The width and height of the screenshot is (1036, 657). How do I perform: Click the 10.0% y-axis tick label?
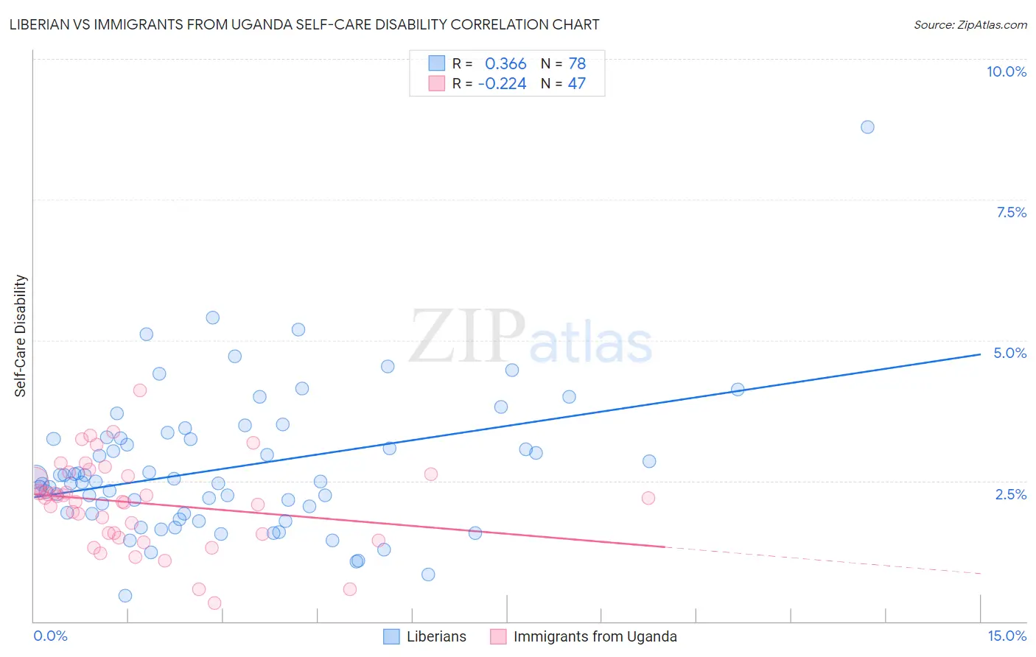(1006, 71)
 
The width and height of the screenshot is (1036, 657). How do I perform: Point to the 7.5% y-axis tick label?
(1011, 212)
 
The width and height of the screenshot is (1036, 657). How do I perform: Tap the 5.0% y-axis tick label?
(1009, 353)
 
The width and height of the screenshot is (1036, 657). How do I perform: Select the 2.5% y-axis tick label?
(1010, 494)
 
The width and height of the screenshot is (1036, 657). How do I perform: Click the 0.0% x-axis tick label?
(50, 636)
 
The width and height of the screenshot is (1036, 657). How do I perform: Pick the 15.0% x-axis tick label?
(1007, 636)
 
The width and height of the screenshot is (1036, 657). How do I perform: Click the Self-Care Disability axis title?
(21, 336)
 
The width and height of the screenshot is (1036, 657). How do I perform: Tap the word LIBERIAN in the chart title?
(41, 24)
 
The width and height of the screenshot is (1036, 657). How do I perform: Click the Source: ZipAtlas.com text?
(970, 24)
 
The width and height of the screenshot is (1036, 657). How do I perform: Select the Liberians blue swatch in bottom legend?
(391, 636)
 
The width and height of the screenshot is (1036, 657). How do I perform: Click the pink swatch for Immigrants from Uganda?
(498, 636)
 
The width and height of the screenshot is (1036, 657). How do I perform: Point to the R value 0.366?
(505, 64)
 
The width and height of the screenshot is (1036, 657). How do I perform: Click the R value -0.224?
(502, 84)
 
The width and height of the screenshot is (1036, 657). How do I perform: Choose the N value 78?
(577, 64)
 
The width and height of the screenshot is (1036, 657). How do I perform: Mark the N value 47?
(576, 84)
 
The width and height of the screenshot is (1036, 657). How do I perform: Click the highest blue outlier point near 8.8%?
(867, 127)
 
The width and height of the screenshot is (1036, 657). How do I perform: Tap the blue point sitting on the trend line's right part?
(737, 390)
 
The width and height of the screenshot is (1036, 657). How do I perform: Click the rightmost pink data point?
(648, 498)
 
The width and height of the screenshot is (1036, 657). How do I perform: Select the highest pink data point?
(140, 390)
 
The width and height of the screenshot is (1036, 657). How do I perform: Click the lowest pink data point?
(214, 603)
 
